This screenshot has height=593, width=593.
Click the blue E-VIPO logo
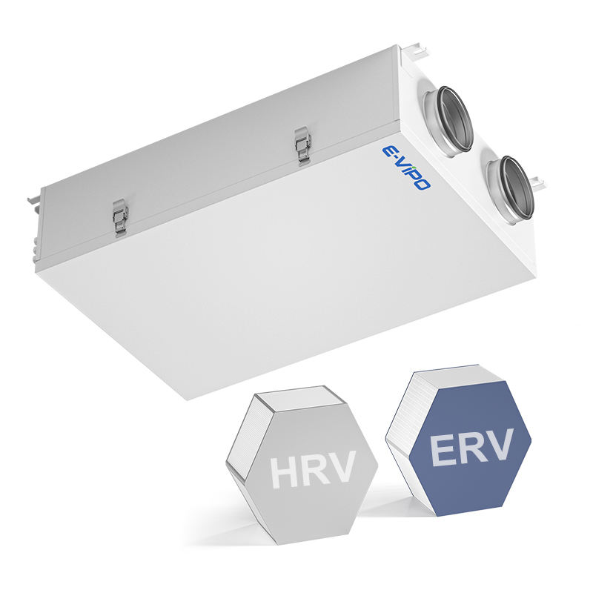tap(405, 168)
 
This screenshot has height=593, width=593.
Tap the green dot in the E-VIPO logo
tap(414, 168)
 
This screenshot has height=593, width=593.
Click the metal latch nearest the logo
tap(303, 145)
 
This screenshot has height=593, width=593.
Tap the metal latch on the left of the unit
tap(120, 219)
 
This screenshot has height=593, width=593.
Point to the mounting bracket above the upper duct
tap(414, 51)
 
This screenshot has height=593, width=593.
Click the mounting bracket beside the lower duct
tap(537, 182)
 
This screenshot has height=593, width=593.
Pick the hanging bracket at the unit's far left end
tap(34, 200)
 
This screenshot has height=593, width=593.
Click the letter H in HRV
tap(282, 473)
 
